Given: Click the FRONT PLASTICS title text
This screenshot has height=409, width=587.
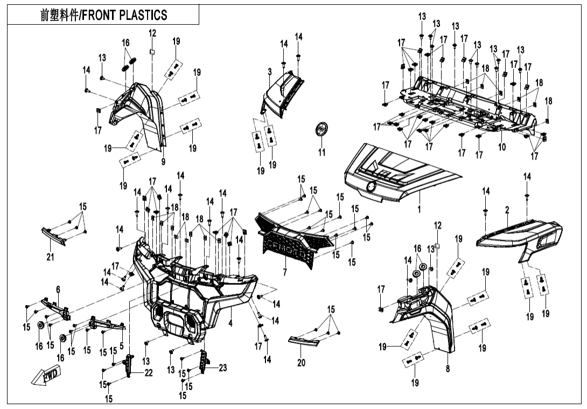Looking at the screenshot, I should pyautogui.click(x=104, y=15).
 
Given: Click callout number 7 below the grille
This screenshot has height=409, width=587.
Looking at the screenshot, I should pyautogui.click(x=285, y=273).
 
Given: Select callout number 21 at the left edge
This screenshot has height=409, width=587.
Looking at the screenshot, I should pyautogui.click(x=50, y=258).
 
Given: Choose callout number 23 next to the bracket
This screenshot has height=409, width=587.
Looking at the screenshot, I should pyautogui.click(x=222, y=368).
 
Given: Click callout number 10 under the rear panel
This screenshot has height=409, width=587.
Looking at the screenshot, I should pyautogui.click(x=502, y=147).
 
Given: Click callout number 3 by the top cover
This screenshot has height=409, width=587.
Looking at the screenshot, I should pyautogui.click(x=269, y=71).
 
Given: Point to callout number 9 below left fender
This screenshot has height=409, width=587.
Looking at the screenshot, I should pyautogui.click(x=163, y=161).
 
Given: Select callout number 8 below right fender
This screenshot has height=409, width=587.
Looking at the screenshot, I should pyautogui.click(x=448, y=369).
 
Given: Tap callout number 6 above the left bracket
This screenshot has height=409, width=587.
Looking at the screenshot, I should pyautogui.click(x=58, y=290).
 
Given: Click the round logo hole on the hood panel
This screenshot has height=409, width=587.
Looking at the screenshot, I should pyautogui.click(x=371, y=186).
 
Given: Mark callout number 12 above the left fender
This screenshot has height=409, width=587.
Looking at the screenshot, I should pyautogui.click(x=152, y=33).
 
